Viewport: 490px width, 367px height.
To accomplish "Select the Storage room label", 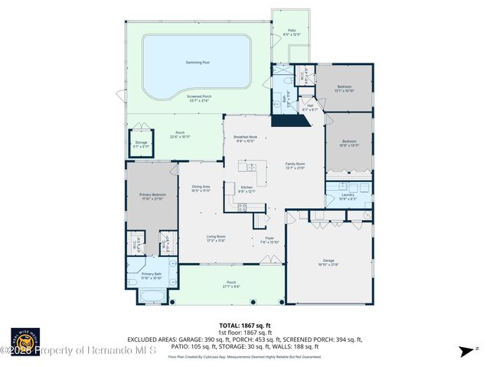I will pyautogui.click(x=140, y=143).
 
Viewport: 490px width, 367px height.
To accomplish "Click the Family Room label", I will pyautogui.click(x=295, y=165).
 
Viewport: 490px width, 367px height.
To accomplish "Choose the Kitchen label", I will pyautogui.click(x=247, y=189).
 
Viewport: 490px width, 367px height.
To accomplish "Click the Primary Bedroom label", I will pyautogui.click(x=152, y=197).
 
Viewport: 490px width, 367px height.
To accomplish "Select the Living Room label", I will pyautogui.click(x=216, y=238).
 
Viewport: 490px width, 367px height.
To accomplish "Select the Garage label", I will pyautogui.click(x=328, y=262).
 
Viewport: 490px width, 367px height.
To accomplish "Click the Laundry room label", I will pyautogui.click(x=348, y=196).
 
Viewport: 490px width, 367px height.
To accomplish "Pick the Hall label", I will pyautogui.click(x=311, y=108).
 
